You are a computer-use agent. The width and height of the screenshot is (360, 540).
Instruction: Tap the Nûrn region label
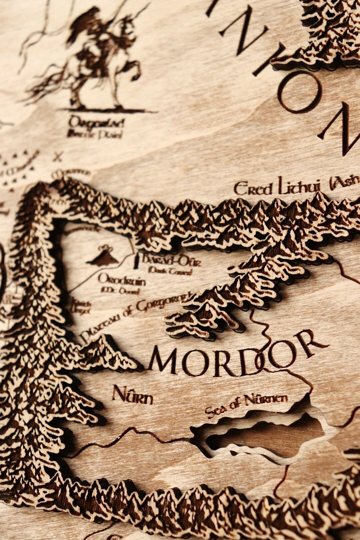132,395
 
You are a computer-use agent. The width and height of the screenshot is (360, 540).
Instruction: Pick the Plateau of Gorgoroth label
137,315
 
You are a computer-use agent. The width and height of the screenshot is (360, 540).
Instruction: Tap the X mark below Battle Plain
59,156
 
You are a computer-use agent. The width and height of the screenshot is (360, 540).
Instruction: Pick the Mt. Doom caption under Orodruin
120,292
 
